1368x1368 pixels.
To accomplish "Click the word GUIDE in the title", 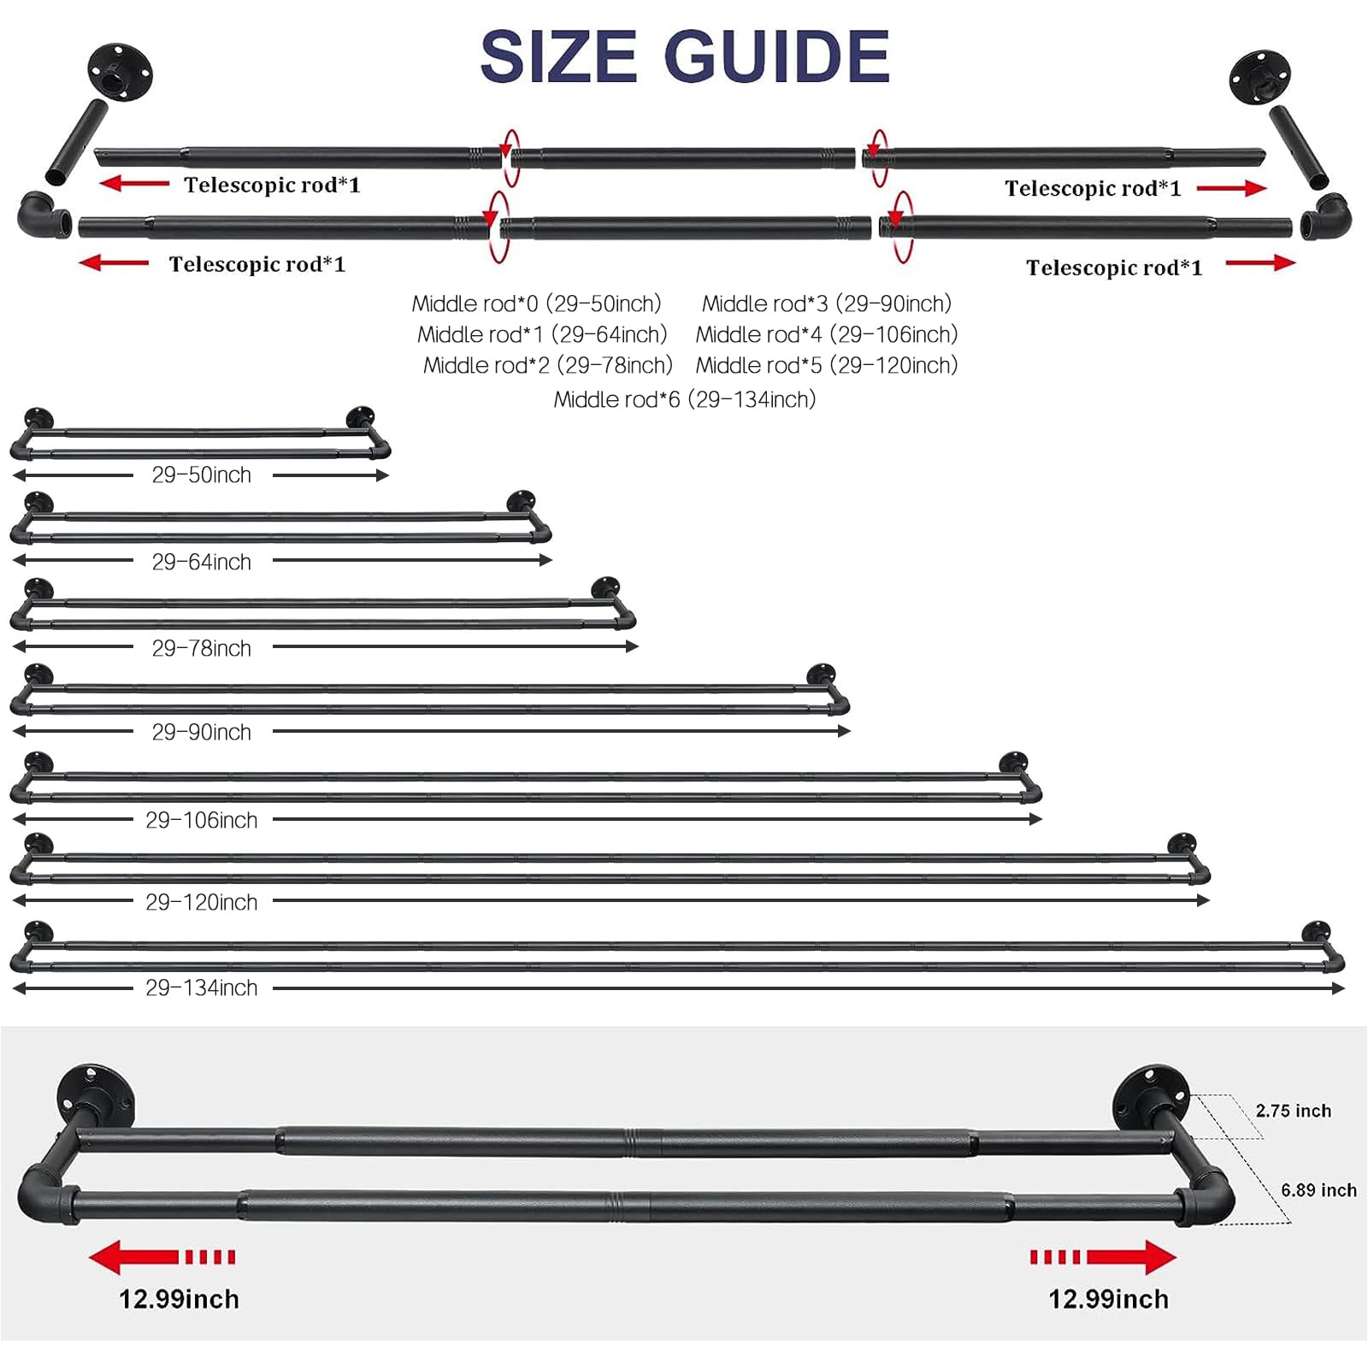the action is click(777, 56).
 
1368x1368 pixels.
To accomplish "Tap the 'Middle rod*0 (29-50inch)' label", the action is click(537, 304).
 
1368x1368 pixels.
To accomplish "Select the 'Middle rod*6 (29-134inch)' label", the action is click(685, 399).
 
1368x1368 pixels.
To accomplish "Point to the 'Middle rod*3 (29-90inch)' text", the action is click(827, 304).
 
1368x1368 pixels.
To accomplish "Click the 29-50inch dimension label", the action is click(202, 475).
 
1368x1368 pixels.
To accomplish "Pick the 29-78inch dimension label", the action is click(202, 649).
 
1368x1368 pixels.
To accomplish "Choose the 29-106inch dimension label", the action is click(202, 821).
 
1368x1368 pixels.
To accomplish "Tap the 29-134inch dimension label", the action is click(202, 988).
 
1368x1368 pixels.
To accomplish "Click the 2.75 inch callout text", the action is click(1294, 1111).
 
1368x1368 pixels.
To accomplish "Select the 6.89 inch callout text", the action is click(1318, 1190).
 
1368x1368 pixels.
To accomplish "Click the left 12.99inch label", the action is click(180, 1300).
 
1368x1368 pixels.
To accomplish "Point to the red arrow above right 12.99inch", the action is click(1103, 1257).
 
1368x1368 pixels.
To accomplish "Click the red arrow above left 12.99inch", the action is click(162, 1257).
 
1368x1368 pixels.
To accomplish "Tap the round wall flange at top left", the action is click(120, 73).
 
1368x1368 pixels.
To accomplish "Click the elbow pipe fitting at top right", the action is click(1326, 217).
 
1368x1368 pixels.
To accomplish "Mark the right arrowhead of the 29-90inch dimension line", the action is click(845, 731).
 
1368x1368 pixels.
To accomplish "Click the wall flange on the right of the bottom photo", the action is click(1151, 1098).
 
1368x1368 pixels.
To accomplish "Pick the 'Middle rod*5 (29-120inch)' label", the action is click(827, 366).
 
